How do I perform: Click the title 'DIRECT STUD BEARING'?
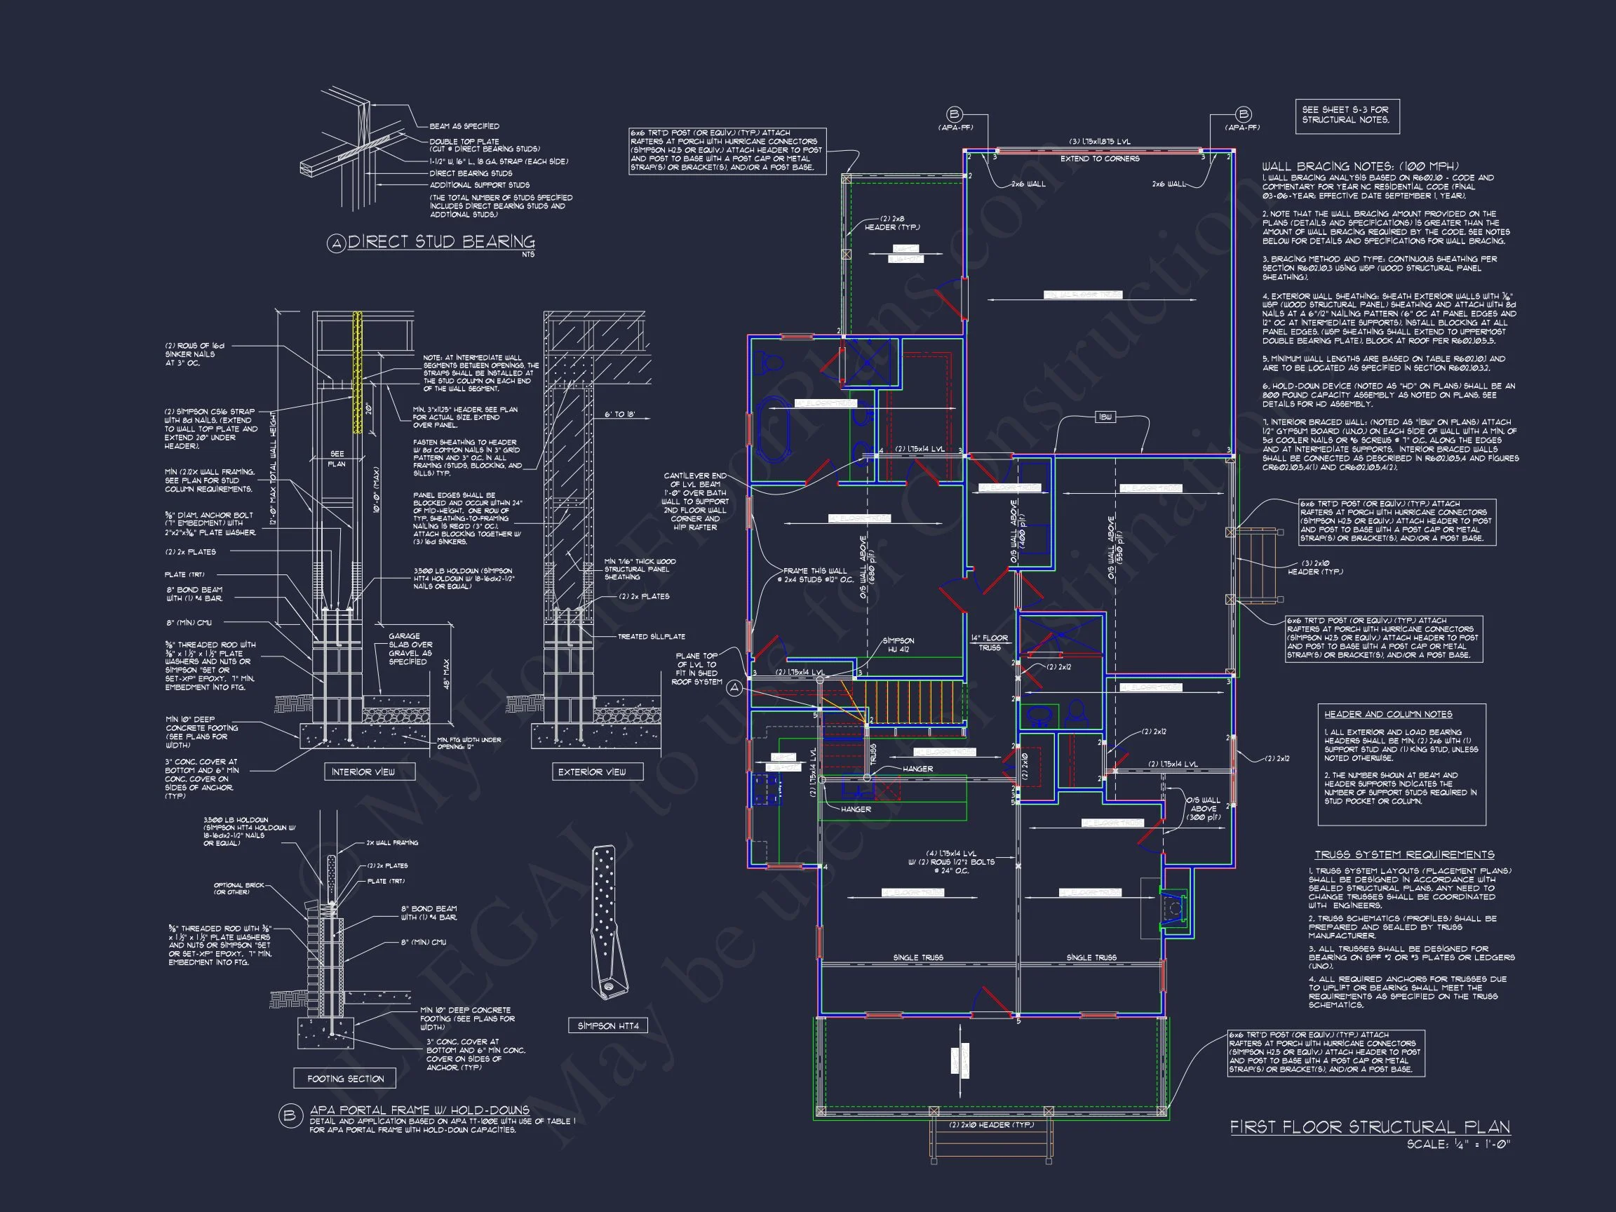pos(441,242)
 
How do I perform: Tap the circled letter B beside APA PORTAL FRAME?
pos(290,1117)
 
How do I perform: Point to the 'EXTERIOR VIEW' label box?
pos(592,772)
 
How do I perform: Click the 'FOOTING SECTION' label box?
pos(345,1078)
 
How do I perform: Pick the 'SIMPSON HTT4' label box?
pos(608,1025)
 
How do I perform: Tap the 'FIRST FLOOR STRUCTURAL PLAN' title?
pos(1370,1126)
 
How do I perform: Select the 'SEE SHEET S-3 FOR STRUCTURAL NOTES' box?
pos(1347,116)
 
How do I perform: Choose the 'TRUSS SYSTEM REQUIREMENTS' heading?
pos(1404,855)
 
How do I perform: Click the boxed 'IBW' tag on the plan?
pos(1105,417)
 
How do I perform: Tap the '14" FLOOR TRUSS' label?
pos(989,642)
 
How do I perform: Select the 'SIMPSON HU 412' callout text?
pos(898,645)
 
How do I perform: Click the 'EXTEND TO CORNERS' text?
pos(1100,159)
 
